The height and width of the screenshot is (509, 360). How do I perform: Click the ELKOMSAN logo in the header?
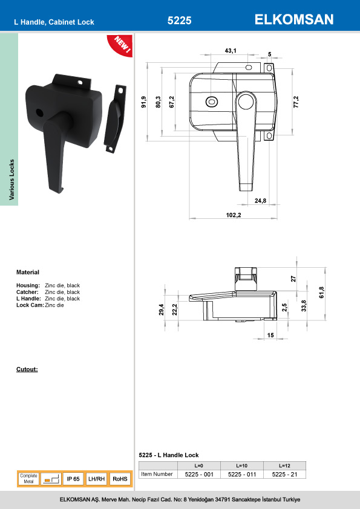pyautogui.click(x=294, y=20)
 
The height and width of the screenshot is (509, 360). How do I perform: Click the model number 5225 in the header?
pyautogui.click(x=179, y=21)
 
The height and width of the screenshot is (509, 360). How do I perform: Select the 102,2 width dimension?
pyautogui.click(x=233, y=216)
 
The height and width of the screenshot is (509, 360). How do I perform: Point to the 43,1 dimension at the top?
pyautogui.click(x=231, y=50)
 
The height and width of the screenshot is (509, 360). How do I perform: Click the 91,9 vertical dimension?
pyautogui.click(x=144, y=103)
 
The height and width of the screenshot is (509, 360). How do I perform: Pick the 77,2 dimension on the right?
pyautogui.click(x=296, y=101)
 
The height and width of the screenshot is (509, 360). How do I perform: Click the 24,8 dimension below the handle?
pyautogui.click(x=260, y=200)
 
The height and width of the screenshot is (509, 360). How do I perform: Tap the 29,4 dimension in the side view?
pyautogui.click(x=161, y=310)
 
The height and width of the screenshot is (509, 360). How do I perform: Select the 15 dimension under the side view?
pyautogui.click(x=270, y=335)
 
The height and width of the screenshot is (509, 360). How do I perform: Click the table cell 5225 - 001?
pyautogui.click(x=199, y=475)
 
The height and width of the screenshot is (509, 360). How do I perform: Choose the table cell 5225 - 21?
pyautogui.click(x=284, y=475)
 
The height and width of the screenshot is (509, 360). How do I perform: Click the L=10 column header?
pyautogui.click(x=241, y=465)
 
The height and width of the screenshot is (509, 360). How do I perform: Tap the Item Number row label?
pyautogui.click(x=157, y=475)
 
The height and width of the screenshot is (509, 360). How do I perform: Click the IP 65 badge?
pyautogui.click(x=73, y=479)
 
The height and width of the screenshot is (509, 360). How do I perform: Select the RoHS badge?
pyautogui.click(x=120, y=479)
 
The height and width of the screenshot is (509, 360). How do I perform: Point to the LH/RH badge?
pyautogui.click(x=97, y=479)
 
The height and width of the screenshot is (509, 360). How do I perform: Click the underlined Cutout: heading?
pyautogui.click(x=27, y=369)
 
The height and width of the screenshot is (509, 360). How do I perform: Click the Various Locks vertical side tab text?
pyautogui.click(x=11, y=180)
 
